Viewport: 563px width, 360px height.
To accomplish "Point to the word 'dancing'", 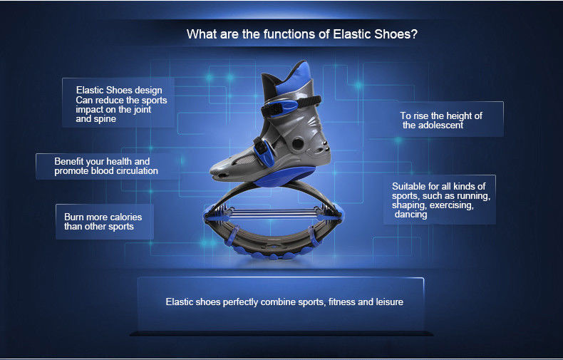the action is click(x=411, y=215).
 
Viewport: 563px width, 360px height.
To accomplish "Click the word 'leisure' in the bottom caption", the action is click(x=389, y=302).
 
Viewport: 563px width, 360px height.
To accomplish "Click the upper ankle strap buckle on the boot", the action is click(x=283, y=107).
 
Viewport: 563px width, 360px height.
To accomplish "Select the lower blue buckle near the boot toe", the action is click(x=264, y=153).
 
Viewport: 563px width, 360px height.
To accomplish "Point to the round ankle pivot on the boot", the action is click(x=297, y=144).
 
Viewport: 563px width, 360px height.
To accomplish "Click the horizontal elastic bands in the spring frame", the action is click(x=272, y=213).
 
